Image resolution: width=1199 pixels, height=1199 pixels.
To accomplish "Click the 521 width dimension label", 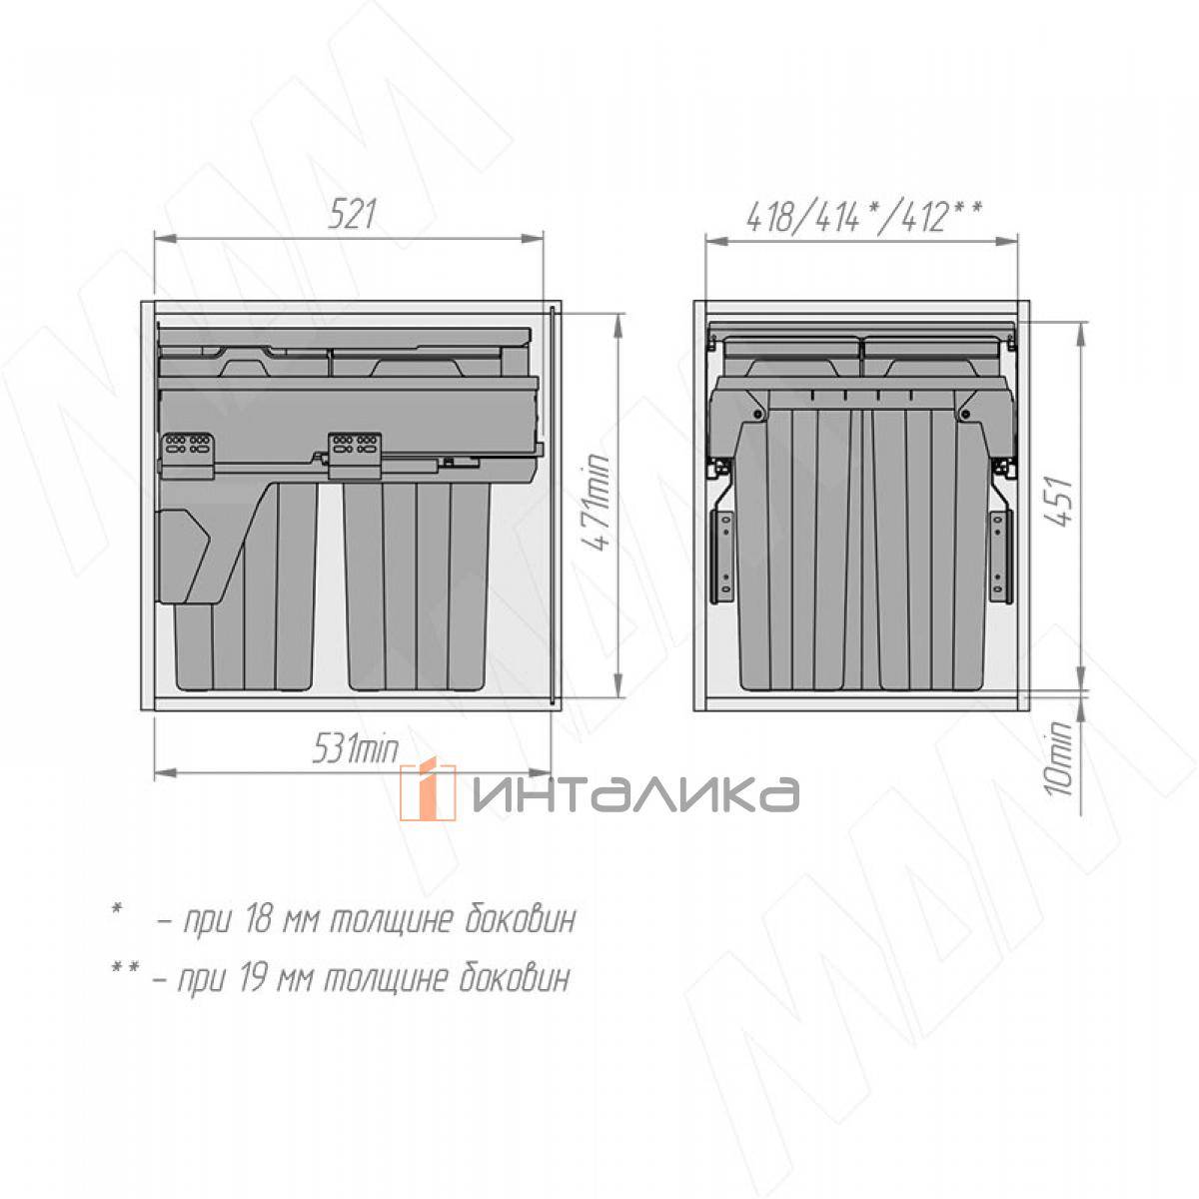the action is point(352,215).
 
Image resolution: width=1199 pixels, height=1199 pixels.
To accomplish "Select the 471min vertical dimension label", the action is point(597,503).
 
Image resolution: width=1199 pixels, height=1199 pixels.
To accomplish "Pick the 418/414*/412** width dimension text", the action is point(864,218).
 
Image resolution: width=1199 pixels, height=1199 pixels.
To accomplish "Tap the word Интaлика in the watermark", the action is point(635,794).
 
